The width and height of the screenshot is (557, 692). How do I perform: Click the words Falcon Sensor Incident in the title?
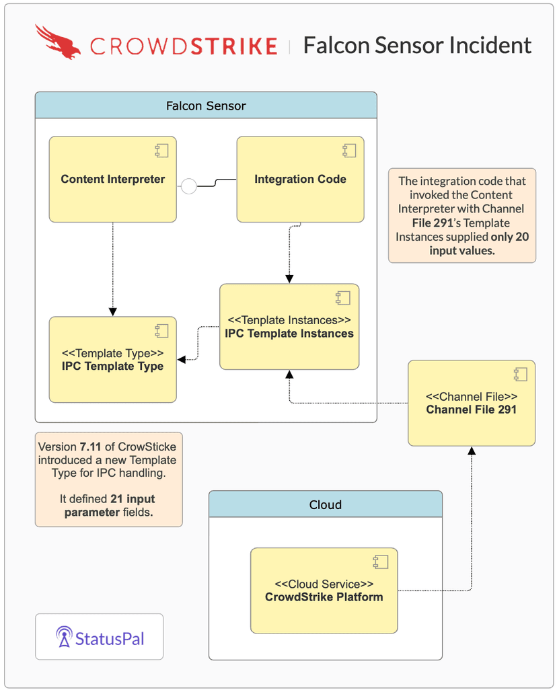point(417,45)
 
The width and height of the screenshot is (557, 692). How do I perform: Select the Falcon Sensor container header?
point(206,106)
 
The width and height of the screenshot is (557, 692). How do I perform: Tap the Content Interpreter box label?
point(112,179)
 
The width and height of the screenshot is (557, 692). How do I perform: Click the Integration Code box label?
point(300,179)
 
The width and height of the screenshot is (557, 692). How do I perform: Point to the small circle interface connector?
point(189,186)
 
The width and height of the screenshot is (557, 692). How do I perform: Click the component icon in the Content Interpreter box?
point(161,150)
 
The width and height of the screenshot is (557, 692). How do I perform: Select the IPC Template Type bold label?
point(112,366)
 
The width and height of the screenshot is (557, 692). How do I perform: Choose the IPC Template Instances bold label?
point(289,333)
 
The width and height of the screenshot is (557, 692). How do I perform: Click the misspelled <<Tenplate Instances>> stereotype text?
point(289,320)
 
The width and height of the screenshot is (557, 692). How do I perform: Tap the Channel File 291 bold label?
point(471,409)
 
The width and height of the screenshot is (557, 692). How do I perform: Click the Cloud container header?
point(325,504)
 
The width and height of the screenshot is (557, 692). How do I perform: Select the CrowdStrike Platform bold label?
point(324,597)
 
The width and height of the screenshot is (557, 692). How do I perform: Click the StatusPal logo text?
point(110,638)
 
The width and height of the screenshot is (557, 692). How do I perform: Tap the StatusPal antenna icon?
point(64,637)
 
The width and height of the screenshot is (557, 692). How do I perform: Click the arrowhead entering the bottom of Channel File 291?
point(471,450)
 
